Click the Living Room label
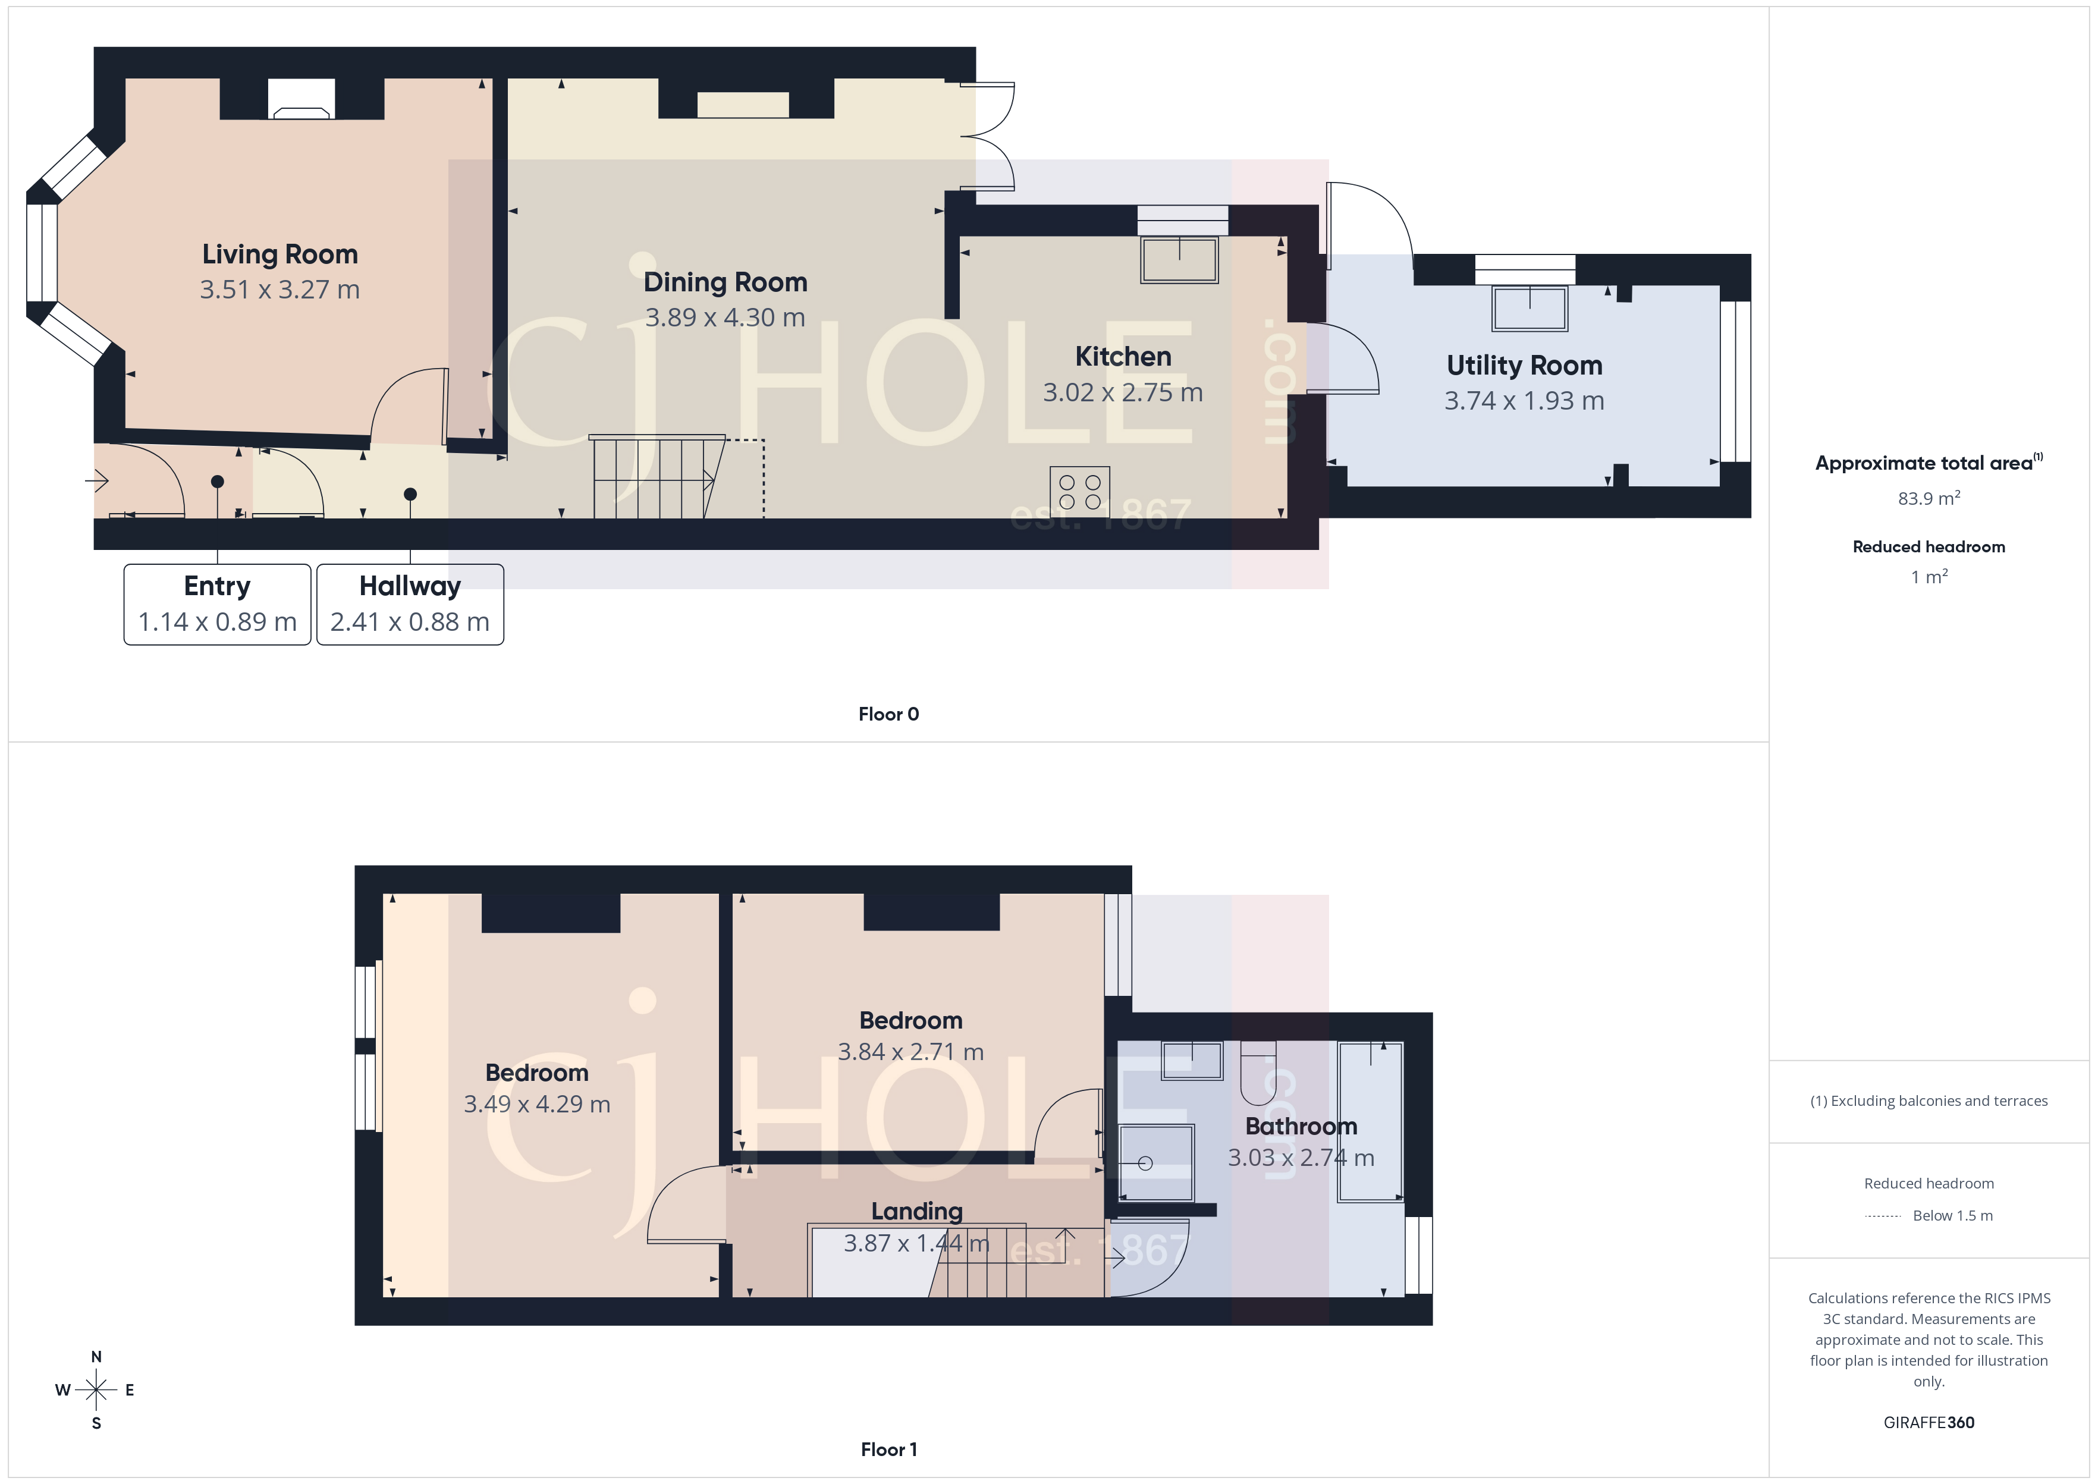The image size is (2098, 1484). [279, 254]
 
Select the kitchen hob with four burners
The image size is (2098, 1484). [1079, 492]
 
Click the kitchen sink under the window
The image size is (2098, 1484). [1179, 259]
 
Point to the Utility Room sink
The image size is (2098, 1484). [1529, 309]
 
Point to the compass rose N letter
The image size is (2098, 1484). [96, 1357]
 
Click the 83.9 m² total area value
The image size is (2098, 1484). [1928, 499]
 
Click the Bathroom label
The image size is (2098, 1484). [1301, 1127]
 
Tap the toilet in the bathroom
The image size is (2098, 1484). [1257, 1074]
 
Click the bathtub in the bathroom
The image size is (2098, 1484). [1370, 1122]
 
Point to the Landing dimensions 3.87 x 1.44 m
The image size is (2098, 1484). [916, 1244]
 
